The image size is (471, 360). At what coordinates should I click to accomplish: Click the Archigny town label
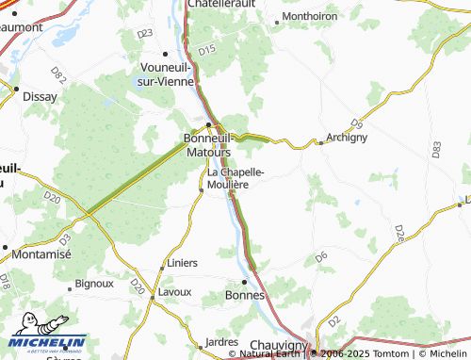coord(349,138)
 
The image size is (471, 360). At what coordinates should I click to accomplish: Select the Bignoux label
coord(94,282)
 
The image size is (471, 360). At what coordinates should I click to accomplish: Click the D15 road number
coord(208,49)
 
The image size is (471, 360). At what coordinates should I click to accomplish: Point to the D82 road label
coord(58,74)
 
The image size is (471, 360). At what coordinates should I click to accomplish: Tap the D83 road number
coord(435,149)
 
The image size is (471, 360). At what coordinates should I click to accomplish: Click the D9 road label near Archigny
coord(356,123)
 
